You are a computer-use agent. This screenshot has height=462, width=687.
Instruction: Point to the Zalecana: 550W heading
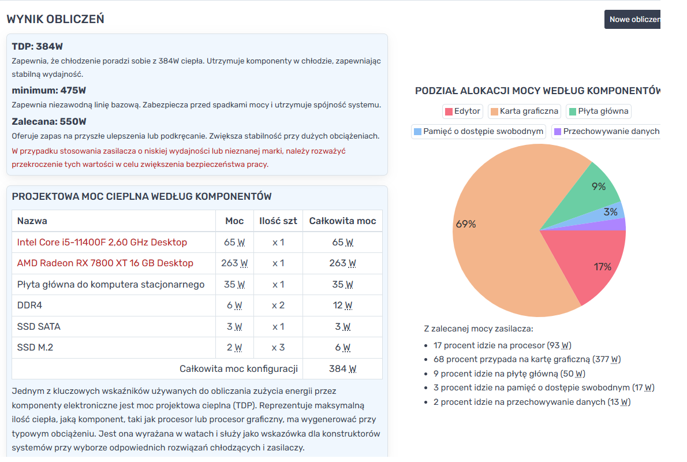[x=49, y=121]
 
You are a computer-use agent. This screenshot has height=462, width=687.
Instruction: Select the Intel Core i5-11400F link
[x=102, y=242]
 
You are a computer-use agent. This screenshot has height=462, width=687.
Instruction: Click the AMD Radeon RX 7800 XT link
[x=105, y=263]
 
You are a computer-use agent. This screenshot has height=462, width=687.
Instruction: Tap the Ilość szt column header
[x=278, y=221]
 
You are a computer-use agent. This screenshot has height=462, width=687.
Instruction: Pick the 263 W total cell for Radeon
[x=342, y=263]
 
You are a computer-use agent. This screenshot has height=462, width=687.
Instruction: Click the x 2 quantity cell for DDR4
[x=278, y=305]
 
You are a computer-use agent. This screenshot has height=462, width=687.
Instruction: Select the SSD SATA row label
[x=39, y=326]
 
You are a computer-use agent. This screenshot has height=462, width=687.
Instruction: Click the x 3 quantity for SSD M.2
[x=278, y=347]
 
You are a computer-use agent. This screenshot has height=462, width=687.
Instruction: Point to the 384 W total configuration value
[x=342, y=368]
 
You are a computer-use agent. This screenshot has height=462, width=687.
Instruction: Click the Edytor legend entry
[x=462, y=111]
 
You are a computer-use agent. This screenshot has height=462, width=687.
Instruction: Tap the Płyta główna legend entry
[x=599, y=111]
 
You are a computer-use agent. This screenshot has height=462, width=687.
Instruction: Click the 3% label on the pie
[x=610, y=212]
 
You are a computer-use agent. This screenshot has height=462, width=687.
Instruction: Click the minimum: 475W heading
[x=49, y=90]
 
